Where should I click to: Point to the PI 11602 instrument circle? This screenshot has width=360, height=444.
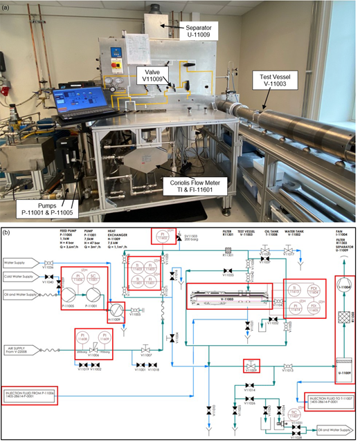pyautogui.click(x=160, y=237)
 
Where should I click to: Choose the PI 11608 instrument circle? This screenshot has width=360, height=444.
pyautogui.click(x=84, y=338)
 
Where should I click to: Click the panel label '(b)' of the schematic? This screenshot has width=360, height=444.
pyautogui.click(x=7, y=229)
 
